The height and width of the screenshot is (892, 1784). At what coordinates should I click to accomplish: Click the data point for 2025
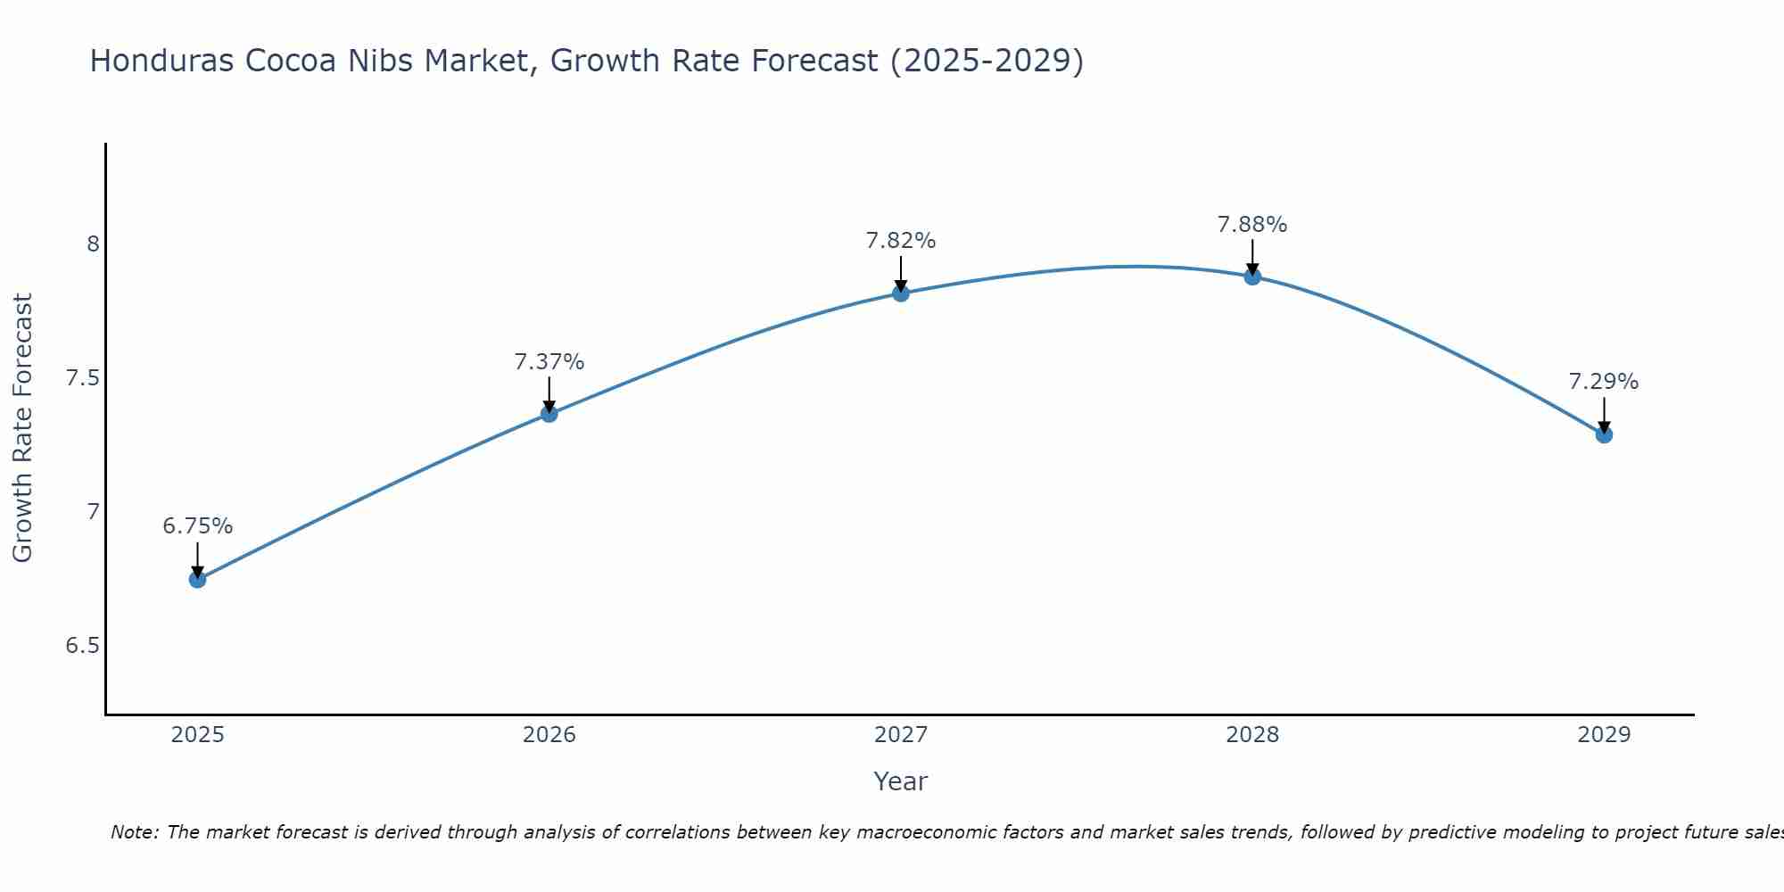click(197, 580)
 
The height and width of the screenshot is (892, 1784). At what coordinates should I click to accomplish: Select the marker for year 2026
click(549, 414)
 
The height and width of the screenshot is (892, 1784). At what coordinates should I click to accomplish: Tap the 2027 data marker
click(901, 293)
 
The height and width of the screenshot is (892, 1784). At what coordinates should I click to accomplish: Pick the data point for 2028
click(1252, 277)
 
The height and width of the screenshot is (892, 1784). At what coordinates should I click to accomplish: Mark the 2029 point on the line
click(1604, 434)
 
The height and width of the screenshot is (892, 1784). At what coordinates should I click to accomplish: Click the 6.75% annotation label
click(197, 526)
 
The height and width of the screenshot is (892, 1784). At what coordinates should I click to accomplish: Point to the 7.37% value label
click(549, 362)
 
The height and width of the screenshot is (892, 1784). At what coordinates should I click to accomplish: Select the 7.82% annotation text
click(901, 241)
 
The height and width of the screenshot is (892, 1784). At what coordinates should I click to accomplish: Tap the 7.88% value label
click(1252, 225)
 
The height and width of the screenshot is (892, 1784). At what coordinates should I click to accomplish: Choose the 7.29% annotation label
click(1604, 382)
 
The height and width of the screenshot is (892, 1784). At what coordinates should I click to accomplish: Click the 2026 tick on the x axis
click(549, 735)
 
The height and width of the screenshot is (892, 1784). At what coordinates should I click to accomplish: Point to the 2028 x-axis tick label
click(1252, 735)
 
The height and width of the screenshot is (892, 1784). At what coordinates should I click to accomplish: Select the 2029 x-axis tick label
click(1604, 735)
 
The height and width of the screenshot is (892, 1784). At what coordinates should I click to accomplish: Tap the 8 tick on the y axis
click(93, 244)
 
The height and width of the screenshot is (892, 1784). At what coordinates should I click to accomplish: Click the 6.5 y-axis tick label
click(82, 646)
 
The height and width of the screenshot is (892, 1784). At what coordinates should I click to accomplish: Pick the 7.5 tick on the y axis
click(82, 378)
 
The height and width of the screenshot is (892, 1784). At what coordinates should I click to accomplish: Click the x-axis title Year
click(901, 781)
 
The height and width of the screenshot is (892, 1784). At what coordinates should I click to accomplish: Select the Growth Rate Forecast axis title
click(23, 428)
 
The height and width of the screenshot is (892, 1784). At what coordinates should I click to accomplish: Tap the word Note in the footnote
click(134, 832)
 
